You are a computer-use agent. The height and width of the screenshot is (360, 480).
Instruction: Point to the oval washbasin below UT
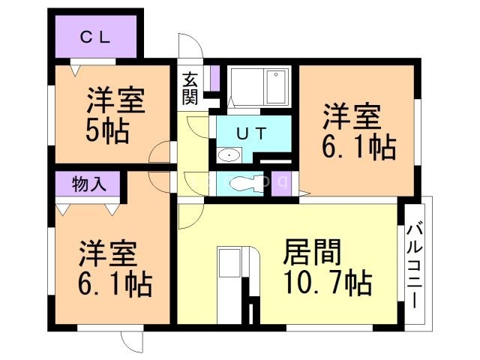click(x=229, y=155)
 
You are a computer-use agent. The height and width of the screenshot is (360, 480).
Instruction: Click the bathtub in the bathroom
click(x=259, y=87)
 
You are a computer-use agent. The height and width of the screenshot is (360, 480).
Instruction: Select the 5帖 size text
click(x=106, y=130)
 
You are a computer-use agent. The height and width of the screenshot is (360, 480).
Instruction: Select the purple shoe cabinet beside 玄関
click(x=214, y=77)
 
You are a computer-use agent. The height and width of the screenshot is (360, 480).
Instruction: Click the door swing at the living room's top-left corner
click(x=190, y=214)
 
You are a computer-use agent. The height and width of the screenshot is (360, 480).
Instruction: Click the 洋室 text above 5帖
click(x=115, y=100)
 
